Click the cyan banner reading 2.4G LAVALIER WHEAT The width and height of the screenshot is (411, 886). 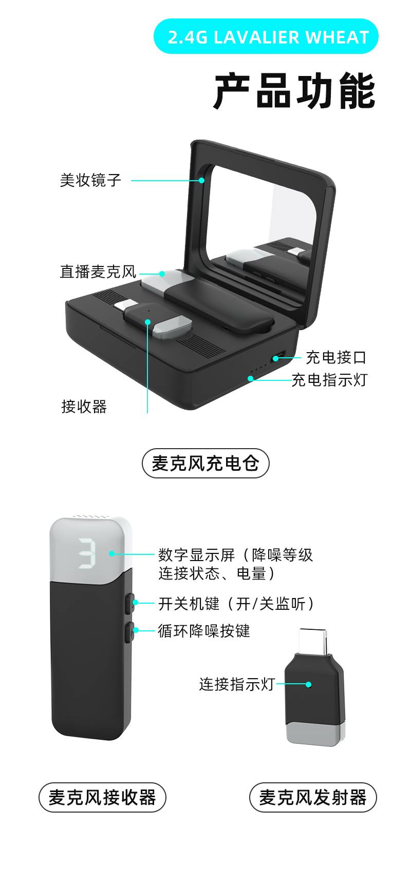tap(266, 36)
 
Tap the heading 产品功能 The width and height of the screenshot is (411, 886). tap(294, 91)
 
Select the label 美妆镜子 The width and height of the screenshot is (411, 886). tap(90, 180)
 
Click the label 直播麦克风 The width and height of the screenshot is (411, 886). tap(98, 272)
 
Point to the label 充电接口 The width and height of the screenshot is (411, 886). tap(336, 357)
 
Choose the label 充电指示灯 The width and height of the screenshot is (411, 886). tap(329, 380)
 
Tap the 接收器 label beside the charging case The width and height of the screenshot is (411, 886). tap(84, 407)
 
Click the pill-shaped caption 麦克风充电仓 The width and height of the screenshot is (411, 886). tap(206, 464)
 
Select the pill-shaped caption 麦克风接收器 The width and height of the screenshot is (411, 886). tap(103, 798)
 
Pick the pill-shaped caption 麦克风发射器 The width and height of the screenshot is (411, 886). tap(313, 798)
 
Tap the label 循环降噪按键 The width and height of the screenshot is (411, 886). tap(204, 630)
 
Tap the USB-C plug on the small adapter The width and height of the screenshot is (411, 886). tap(313, 642)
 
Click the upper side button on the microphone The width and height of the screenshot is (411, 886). tap(130, 603)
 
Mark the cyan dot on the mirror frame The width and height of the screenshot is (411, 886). tap(202, 180)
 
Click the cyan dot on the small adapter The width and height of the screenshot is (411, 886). tap(309, 684)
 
